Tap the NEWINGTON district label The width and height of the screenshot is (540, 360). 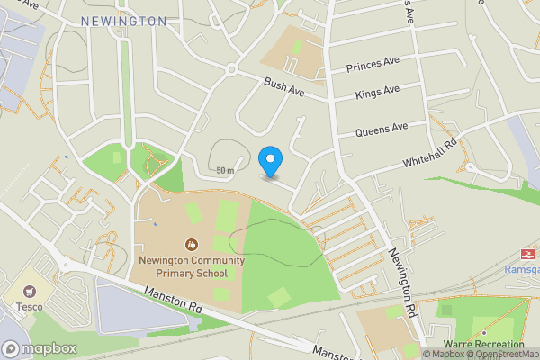(123, 21)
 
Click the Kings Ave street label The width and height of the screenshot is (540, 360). (378, 91)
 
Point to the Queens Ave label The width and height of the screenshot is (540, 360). (382, 130)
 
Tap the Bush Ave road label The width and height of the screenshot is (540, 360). (284, 87)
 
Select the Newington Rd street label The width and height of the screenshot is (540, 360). (401, 282)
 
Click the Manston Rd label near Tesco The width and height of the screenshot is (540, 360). (171, 301)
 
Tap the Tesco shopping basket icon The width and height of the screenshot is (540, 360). (31, 292)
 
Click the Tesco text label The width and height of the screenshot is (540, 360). (22, 307)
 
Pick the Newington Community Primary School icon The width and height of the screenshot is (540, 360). (190, 244)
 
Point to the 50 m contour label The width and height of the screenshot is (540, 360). (225, 170)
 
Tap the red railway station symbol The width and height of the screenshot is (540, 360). (525, 254)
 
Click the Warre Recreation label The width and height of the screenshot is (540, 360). (485, 344)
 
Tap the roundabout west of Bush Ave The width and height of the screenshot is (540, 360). (231, 69)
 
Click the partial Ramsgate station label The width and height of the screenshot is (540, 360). (522, 269)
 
